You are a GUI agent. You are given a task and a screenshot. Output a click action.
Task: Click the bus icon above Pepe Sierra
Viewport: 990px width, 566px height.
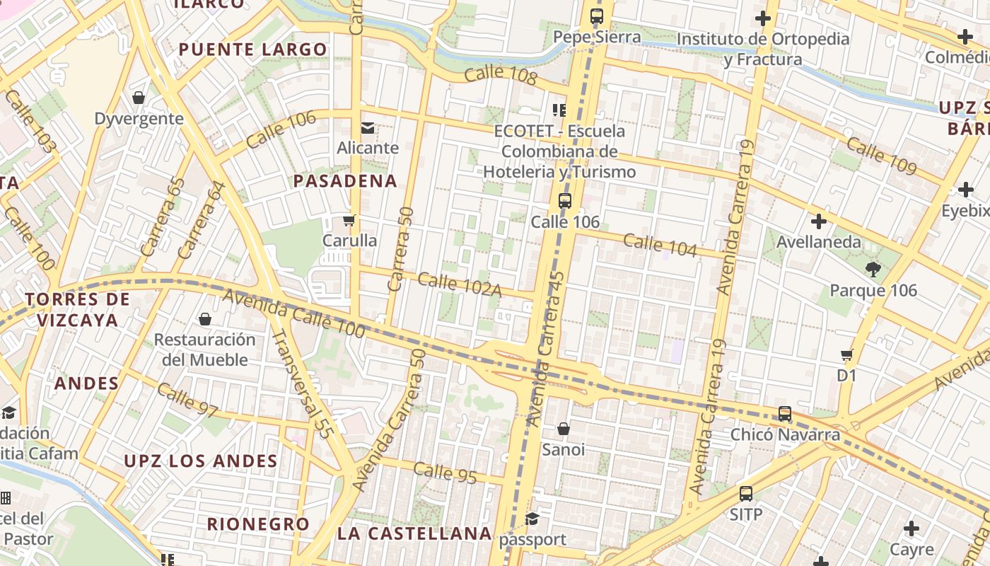pos(597,16)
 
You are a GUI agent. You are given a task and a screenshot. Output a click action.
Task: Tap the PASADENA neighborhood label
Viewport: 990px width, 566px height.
pos(345,181)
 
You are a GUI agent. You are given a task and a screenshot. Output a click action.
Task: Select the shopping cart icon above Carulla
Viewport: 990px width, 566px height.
pos(349,221)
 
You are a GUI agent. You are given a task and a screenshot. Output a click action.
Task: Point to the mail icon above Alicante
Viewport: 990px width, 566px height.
pos(368,128)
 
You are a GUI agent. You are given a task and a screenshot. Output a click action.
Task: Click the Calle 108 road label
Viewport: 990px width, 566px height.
pos(501,74)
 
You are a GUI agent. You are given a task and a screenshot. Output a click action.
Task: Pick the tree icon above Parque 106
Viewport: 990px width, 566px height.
pos(873,269)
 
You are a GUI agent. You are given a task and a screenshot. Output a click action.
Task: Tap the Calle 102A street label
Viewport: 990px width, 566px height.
pos(460,284)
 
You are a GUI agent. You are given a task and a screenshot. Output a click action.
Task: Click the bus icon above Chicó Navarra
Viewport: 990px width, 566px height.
pos(785,414)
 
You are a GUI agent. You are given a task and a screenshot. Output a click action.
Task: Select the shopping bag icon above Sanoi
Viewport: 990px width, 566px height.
pos(564,429)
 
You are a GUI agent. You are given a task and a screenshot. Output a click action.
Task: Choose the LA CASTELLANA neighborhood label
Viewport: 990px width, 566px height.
pos(414,533)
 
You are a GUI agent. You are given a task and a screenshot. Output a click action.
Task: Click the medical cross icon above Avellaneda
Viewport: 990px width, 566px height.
pos(819,221)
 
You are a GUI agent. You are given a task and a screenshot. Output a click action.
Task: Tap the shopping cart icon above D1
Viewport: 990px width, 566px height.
pos(847,354)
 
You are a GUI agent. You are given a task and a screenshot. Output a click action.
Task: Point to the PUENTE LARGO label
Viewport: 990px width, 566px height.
pos(253,50)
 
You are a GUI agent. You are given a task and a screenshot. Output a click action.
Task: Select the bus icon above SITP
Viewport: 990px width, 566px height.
pos(746,494)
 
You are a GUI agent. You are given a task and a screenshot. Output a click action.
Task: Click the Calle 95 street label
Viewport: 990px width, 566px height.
pos(445,473)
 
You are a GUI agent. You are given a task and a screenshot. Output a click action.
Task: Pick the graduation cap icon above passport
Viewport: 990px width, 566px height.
pos(532,519)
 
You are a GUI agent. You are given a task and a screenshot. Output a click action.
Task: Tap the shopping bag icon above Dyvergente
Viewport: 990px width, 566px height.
pos(139,98)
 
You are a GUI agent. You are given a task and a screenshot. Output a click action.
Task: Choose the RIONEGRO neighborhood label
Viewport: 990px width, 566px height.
pos(258,524)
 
